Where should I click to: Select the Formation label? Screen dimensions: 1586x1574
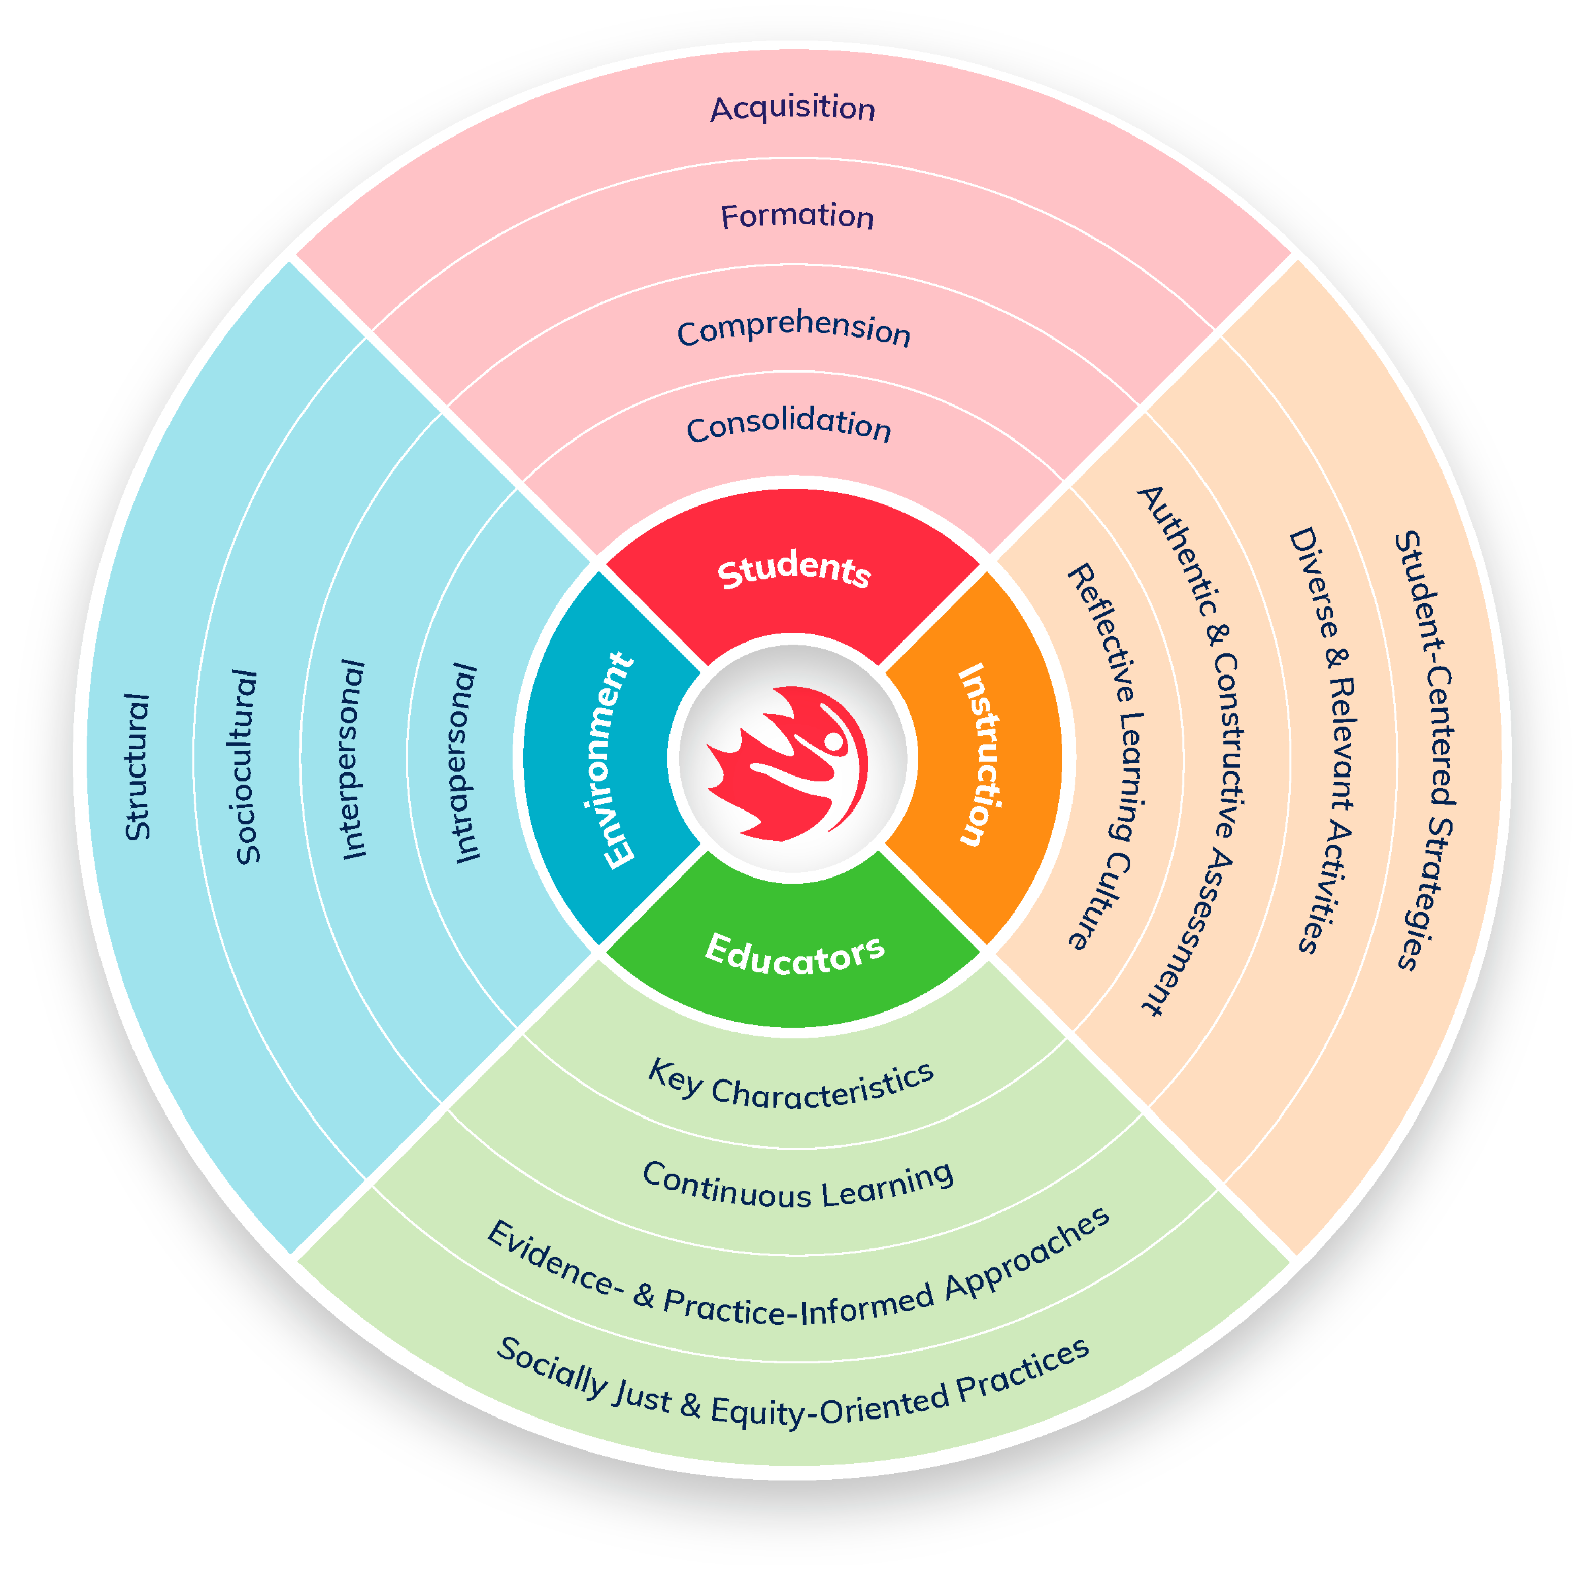point(796,216)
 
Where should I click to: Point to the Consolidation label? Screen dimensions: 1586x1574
point(788,424)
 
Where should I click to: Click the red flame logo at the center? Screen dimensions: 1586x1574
point(787,763)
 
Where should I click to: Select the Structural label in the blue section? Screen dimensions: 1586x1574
point(137,767)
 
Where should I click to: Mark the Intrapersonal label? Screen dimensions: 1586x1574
point(465,763)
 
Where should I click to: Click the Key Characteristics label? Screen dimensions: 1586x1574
point(791,1086)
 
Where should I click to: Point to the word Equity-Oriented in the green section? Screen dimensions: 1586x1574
point(829,1405)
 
